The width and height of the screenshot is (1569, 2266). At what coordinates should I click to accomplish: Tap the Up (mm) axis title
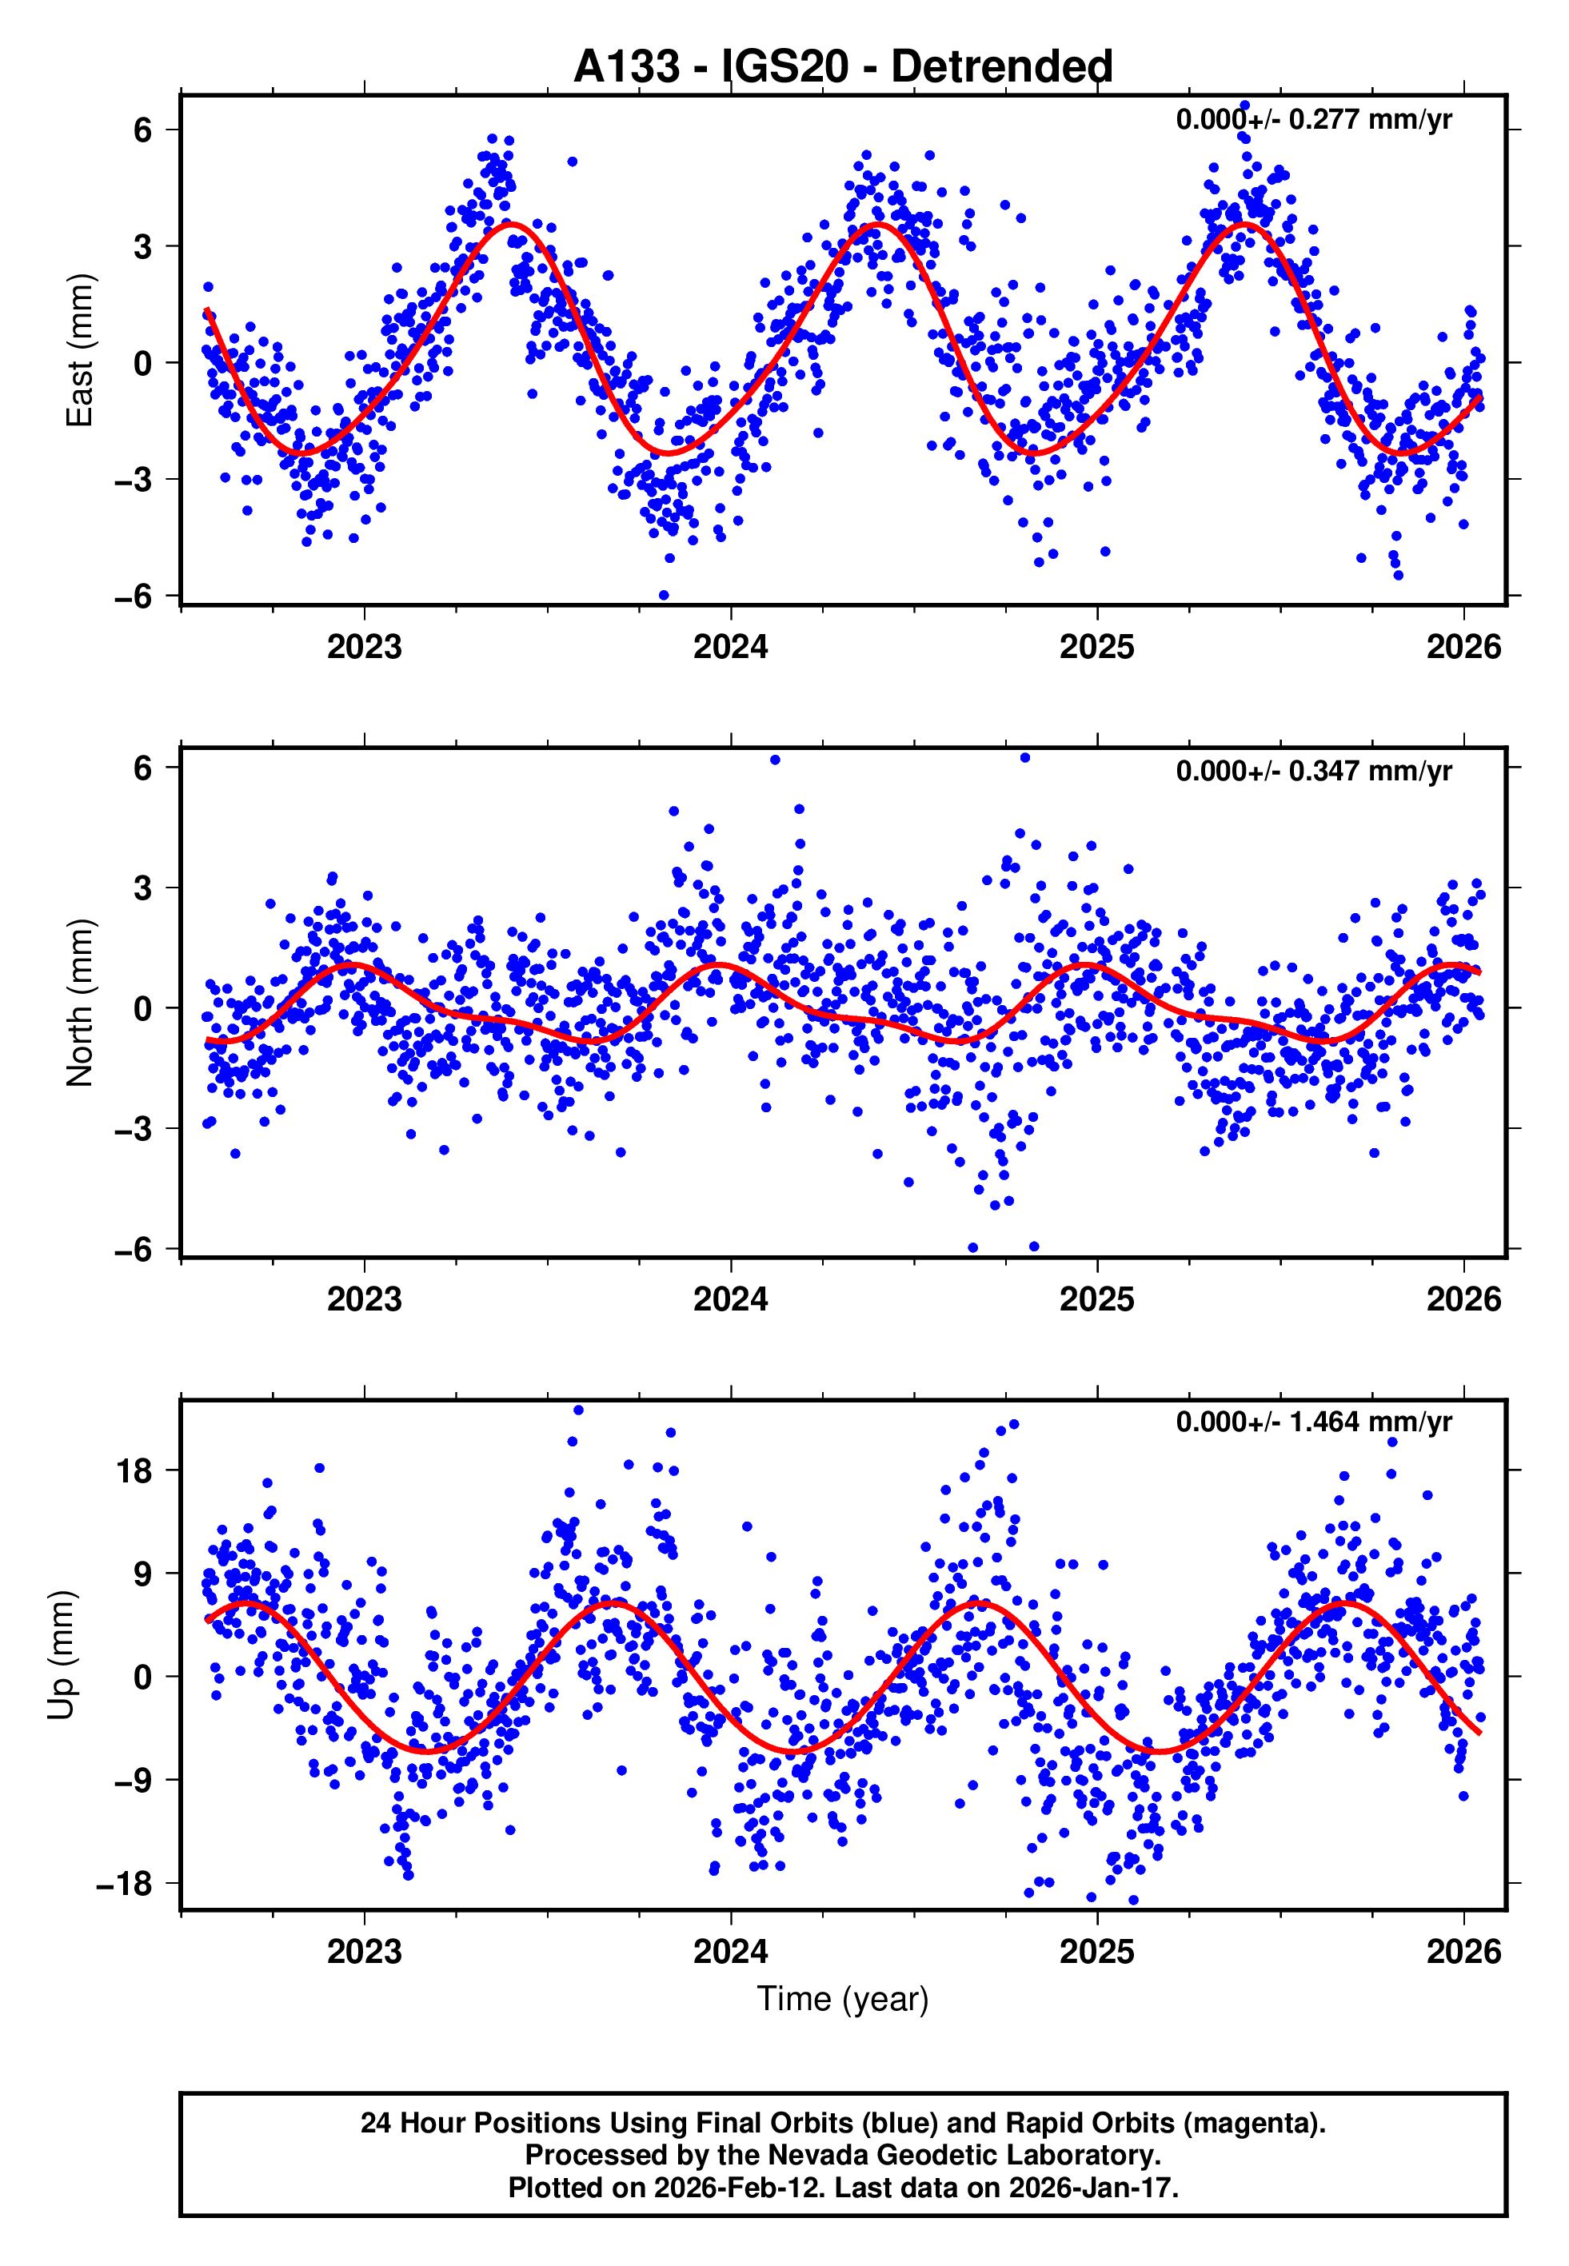tap(61, 1655)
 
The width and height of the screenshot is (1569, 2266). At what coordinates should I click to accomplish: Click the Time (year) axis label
tap(843, 1999)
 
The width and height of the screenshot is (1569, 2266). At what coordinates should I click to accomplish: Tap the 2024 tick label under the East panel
tap(729, 647)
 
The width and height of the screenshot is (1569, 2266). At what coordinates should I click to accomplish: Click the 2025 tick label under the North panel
tap(1096, 1299)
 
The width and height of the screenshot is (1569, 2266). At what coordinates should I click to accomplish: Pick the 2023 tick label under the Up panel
tap(364, 1951)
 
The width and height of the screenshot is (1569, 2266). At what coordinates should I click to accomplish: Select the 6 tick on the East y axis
tap(142, 130)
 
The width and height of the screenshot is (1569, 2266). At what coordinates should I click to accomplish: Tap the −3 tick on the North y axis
tap(133, 1129)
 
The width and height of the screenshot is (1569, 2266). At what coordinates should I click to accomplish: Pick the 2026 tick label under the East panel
tap(1463, 647)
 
